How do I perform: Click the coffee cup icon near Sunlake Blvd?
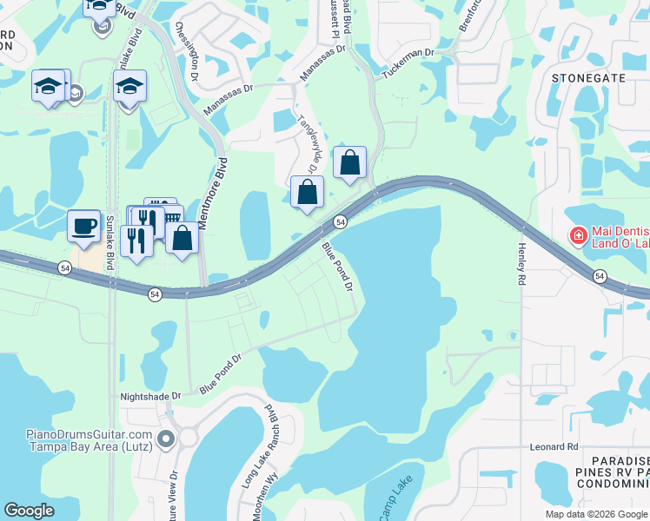pos(83,226)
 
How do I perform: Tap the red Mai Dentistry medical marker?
pos(577,235)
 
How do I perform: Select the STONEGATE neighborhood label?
pos(588,77)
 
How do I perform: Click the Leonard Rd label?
pos(554,447)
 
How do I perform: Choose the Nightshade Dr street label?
pos(150,395)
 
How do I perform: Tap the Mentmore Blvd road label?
pos(213,195)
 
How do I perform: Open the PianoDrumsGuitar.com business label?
pos(89,439)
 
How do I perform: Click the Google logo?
pos(29,511)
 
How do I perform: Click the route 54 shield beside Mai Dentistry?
pos(600,275)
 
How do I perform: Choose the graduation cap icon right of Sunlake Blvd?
pos(129,86)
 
